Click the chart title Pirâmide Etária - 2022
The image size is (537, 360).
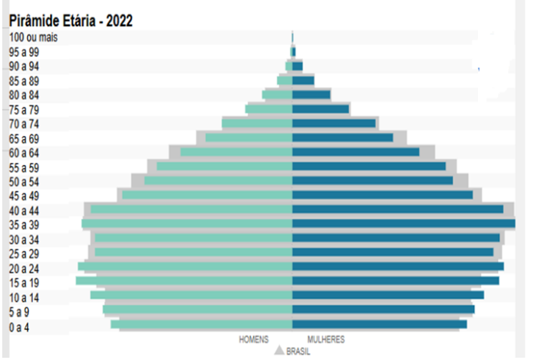click(x=71, y=21)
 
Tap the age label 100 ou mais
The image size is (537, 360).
click(x=35, y=37)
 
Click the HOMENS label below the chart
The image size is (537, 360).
click(x=254, y=339)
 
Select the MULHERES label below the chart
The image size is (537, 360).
click(x=326, y=339)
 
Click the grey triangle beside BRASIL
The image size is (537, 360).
click(x=279, y=351)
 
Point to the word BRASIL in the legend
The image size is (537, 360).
click(x=298, y=352)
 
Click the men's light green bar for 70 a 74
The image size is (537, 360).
click(x=257, y=124)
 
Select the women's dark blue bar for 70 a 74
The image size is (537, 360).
click(x=334, y=124)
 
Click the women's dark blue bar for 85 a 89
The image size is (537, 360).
click(x=303, y=81)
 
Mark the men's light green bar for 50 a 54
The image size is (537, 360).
click(x=219, y=181)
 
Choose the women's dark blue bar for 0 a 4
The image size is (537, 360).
click(x=379, y=325)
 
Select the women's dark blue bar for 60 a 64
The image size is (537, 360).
click(x=355, y=152)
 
